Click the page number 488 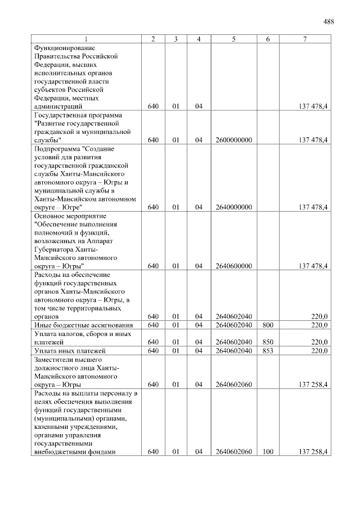(x=328, y=22)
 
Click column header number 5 (x=233, y=39)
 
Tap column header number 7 (x=304, y=39)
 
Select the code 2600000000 (x=233, y=140)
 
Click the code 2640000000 (x=233, y=207)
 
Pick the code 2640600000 (x=233, y=266)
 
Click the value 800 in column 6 (x=268, y=325)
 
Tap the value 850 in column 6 (x=268, y=342)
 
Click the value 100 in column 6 (x=268, y=451)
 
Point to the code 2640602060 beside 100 (x=233, y=451)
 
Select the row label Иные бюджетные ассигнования (x=83, y=325)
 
